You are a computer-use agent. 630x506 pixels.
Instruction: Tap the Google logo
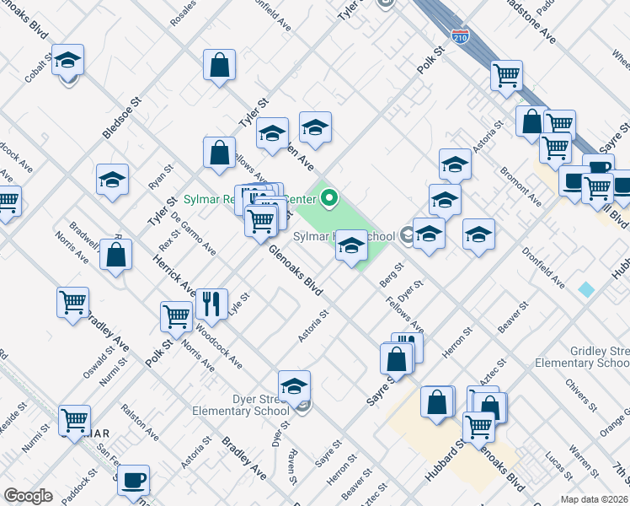coord(27,496)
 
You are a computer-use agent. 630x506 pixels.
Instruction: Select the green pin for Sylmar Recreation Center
coord(328,199)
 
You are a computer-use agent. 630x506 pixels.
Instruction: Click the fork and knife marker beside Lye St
coord(211,303)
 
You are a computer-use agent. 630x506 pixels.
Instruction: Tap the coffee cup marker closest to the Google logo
coord(133,481)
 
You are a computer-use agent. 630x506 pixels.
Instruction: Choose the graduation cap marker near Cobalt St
coord(67,61)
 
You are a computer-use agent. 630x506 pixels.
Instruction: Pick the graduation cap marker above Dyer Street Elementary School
coord(294,386)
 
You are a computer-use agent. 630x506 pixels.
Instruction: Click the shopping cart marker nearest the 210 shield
coord(507,76)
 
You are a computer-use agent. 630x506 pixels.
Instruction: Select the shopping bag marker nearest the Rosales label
coord(219,65)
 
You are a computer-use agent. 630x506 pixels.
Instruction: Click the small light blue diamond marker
coord(585,289)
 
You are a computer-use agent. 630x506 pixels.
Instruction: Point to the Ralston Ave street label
coord(139,421)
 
